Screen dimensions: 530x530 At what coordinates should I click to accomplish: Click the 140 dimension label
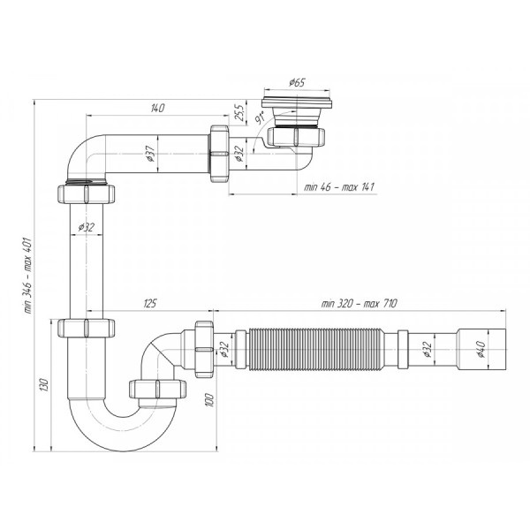pyautogui.click(x=157, y=108)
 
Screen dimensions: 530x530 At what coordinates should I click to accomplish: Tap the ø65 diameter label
pyautogui.click(x=297, y=83)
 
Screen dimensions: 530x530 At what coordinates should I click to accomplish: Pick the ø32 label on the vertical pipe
pyautogui.click(x=86, y=227)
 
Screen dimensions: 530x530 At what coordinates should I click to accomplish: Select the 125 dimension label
pyautogui.click(x=149, y=304)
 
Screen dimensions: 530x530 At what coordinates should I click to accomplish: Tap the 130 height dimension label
pyautogui.click(x=44, y=386)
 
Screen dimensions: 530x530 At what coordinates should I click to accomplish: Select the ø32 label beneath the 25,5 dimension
pyautogui.click(x=240, y=152)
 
